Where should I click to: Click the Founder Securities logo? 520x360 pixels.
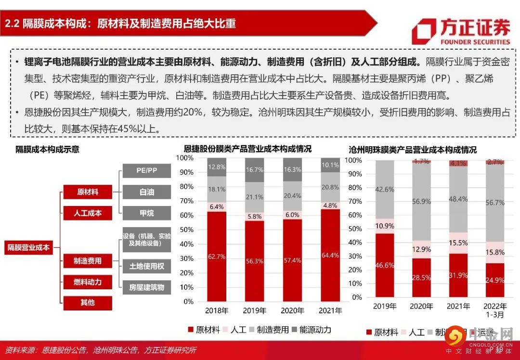461,30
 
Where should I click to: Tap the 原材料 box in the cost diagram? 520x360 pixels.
88,192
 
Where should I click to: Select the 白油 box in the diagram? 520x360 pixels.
146,192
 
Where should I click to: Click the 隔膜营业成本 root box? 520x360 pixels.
28,248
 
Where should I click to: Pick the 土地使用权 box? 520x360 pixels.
146,266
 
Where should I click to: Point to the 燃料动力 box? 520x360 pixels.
88,282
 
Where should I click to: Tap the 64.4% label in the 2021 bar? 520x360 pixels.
330,255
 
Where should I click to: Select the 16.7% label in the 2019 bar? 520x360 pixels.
255,169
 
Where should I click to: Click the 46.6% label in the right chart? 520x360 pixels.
385,265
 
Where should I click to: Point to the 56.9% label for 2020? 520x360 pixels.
422,201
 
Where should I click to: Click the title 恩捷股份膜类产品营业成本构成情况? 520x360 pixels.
247,149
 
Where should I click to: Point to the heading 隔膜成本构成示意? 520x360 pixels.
48,149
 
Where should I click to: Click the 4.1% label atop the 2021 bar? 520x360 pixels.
458,164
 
